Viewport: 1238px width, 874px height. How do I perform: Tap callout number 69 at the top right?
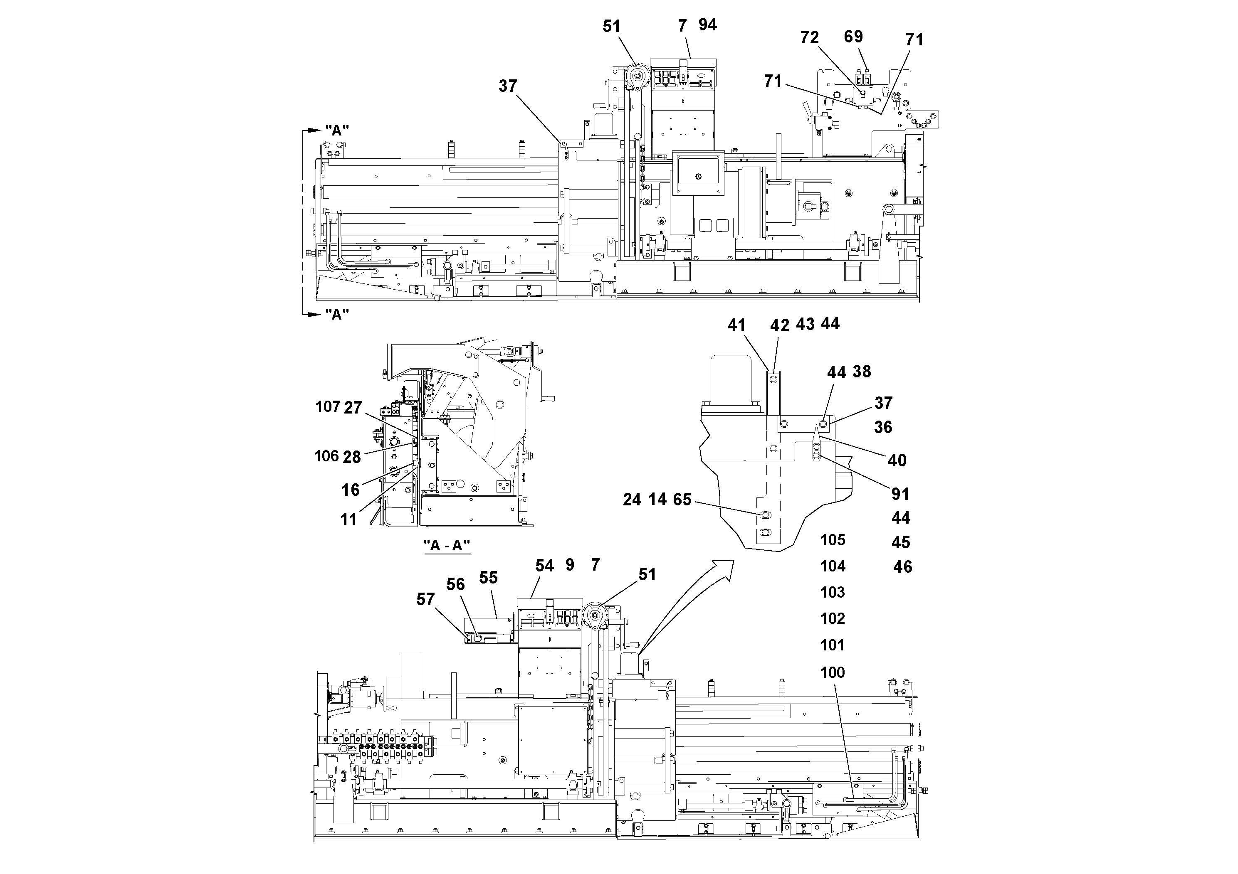pyautogui.click(x=853, y=36)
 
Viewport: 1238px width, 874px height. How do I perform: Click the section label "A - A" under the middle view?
pyautogui.click(x=447, y=545)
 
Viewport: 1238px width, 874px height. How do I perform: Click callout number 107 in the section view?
pyautogui.click(x=327, y=406)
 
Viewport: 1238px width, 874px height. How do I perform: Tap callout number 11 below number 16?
pyautogui.click(x=348, y=519)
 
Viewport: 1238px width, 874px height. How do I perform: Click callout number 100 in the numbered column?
pyautogui.click(x=833, y=672)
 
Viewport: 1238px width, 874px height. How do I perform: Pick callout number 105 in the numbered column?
pyautogui.click(x=833, y=539)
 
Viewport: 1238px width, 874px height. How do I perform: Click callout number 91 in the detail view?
pyautogui.click(x=900, y=494)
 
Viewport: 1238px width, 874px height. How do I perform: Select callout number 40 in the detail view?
pyautogui.click(x=897, y=460)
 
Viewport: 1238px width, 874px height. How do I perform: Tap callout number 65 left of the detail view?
pyautogui.click(x=682, y=500)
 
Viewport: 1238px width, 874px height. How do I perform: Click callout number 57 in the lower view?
pyautogui.click(x=425, y=599)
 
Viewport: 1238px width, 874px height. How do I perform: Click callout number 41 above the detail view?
pyautogui.click(x=736, y=325)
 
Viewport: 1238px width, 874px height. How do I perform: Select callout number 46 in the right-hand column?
pyautogui.click(x=902, y=566)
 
